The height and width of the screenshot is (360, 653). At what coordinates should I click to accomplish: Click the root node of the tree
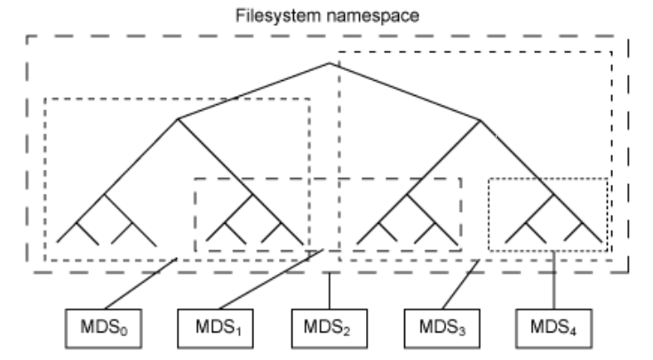coord(330,62)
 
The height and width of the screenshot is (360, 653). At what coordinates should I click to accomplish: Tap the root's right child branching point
coord(481,119)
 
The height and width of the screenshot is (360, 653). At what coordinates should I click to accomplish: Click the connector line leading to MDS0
coord(140,284)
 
